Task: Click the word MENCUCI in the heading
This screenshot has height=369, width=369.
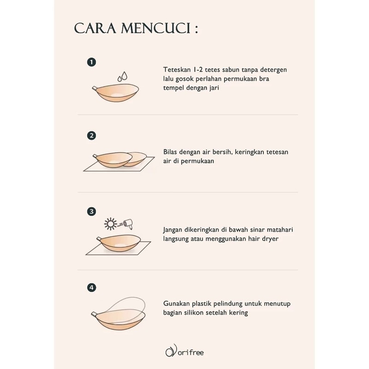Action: [x=155, y=29]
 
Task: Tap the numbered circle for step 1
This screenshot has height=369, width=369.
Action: [x=91, y=62]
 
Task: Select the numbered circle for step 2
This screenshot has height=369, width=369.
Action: [x=91, y=136]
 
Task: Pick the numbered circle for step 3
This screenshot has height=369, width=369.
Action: [x=91, y=211]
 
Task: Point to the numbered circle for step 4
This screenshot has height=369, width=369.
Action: [x=91, y=287]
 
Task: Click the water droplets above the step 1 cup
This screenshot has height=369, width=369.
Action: [x=122, y=77]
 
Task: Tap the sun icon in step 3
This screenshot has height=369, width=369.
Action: [x=110, y=224]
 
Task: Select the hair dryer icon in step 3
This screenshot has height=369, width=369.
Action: [x=129, y=224]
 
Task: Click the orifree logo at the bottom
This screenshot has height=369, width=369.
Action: [x=184, y=351]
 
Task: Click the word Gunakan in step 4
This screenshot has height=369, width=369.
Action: [x=176, y=304]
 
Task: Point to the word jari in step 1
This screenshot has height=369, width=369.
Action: [x=214, y=88]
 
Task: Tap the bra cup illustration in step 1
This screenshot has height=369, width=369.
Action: [x=115, y=93]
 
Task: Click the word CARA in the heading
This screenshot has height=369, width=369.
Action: [x=95, y=29]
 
